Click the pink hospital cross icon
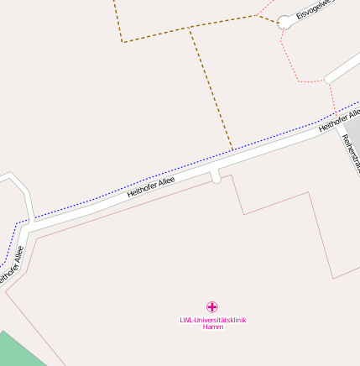212,307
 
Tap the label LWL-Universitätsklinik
213,319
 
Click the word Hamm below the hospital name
213,327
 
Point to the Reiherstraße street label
351,156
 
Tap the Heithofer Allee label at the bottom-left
13,264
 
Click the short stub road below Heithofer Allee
216,175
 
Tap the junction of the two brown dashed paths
190,28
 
